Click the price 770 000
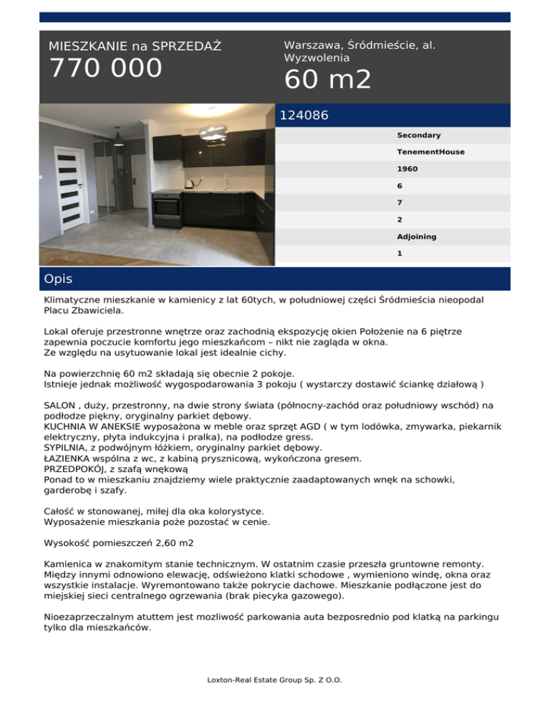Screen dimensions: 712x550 pyautogui.click(x=105, y=69)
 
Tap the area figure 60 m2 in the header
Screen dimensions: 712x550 pyautogui.click(x=327, y=80)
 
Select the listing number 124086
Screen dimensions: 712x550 pyautogui.click(x=305, y=115)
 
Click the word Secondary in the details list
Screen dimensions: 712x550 pyautogui.click(x=418, y=135)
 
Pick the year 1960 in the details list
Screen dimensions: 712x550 pyautogui.click(x=407, y=170)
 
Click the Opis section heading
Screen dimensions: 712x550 pyautogui.click(x=58, y=279)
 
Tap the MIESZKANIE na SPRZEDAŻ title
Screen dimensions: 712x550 pyautogui.click(x=135, y=47)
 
